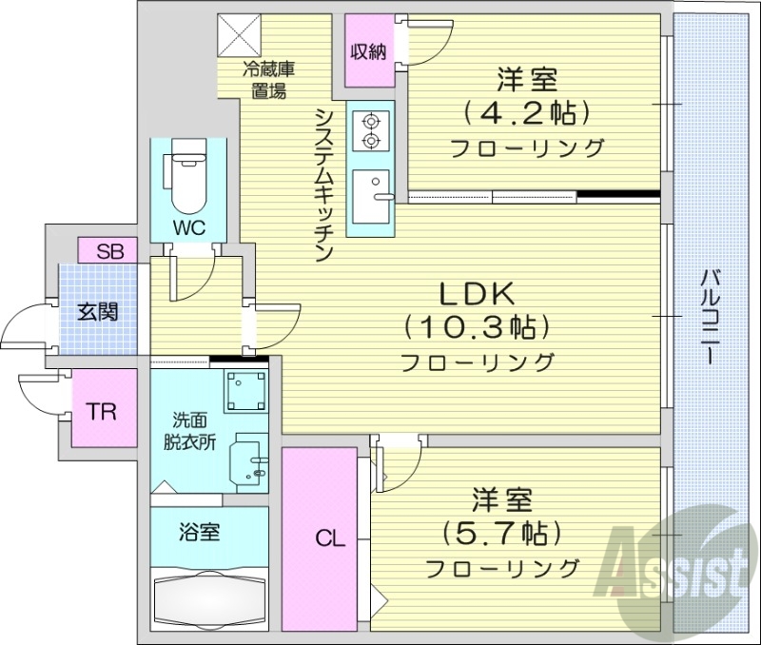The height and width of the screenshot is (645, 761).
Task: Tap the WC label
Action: coord(187,227)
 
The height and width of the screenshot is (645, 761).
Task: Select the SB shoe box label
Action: coord(110,251)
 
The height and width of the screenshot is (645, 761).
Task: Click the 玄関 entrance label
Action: coord(98,311)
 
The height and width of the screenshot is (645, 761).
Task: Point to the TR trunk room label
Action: coord(102,412)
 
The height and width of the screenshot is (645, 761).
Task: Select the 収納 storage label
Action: coord(367,51)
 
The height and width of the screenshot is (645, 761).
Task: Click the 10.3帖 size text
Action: coord(477,328)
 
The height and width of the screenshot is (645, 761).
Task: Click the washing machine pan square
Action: coord(245,390)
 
